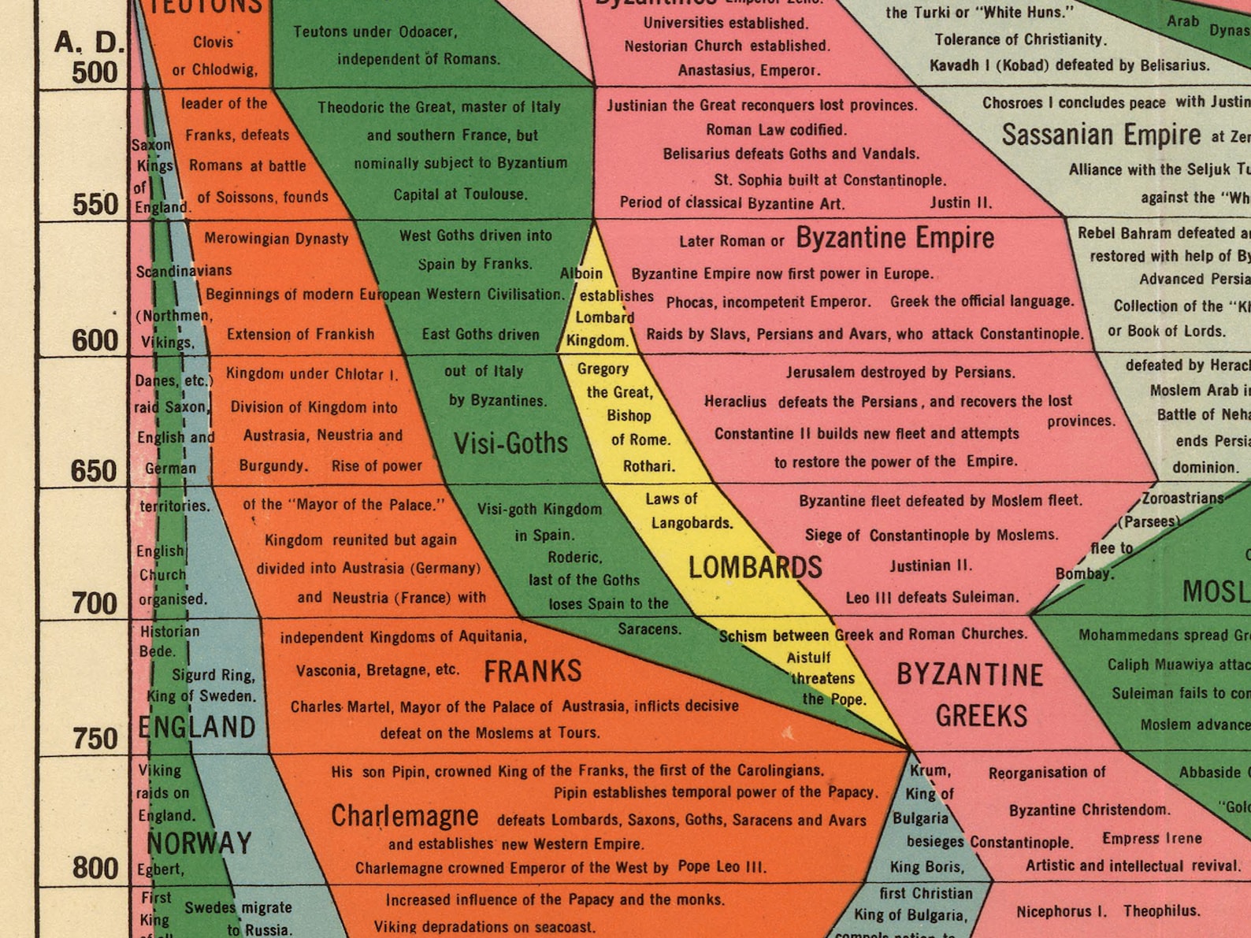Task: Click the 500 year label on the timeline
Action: tap(95, 72)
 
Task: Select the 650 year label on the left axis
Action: tap(95, 471)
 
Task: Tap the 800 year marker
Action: tap(95, 868)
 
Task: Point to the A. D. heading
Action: tap(89, 42)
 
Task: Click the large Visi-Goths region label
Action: tap(510, 443)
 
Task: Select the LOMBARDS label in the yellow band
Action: tap(755, 567)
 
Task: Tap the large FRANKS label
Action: tap(533, 672)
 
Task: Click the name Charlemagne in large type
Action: tap(404, 817)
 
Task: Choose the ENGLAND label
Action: tap(197, 727)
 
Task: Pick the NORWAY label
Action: tap(199, 843)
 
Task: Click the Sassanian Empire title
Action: tap(1101, 135)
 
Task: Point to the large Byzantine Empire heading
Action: tap(895, 238)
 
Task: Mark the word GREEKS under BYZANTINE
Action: tap(982, 716)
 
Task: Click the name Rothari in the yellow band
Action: tap(648, 466)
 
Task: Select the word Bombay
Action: tap(1084, 573)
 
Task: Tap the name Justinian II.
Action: tap(930, 565)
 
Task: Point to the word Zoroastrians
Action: tap(1182, 498)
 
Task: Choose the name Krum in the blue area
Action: tap(930, 770)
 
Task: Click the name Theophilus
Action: tap(1161, 911)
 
